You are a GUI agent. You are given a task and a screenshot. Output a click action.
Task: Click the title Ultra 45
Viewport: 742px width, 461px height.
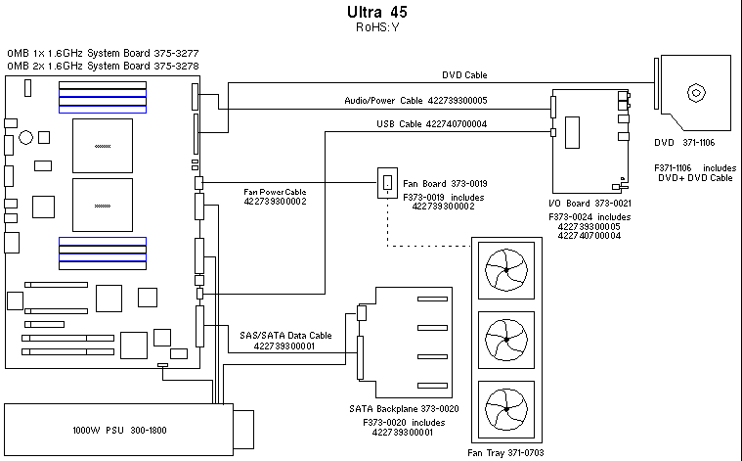[377, 13]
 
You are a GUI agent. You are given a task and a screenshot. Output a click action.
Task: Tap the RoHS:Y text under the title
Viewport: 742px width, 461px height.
[377, 27]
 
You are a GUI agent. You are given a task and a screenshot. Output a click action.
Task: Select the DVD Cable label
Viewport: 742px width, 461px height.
[463, 74]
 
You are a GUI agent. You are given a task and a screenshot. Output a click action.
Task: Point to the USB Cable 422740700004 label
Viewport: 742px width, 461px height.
[431, 123]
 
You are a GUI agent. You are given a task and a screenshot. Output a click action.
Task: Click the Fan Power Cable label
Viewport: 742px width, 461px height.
[275, 192]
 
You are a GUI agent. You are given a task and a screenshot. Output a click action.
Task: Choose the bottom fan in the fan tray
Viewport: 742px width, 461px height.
[506, 410]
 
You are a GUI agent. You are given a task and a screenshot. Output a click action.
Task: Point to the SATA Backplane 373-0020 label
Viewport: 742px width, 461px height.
[404, 409]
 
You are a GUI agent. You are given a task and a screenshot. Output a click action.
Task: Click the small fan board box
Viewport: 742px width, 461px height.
[388, 181]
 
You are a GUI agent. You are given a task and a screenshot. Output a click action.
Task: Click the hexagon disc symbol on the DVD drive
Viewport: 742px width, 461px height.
[696, 94]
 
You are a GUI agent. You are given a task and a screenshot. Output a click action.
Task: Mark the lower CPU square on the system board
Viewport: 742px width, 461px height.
[102, 205]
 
